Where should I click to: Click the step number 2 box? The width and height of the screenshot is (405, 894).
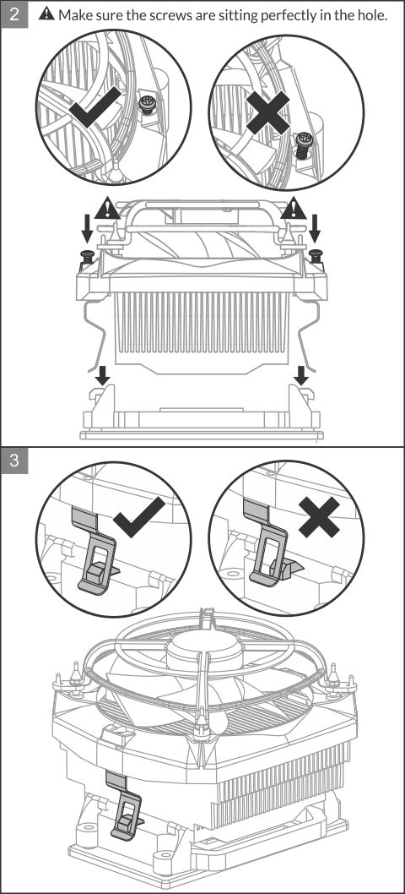point(14,14)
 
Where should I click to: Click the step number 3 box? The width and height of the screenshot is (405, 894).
point(14,461)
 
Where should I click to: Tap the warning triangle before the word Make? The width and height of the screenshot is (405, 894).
point(46,14)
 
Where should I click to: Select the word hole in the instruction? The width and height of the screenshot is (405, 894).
point(373,15)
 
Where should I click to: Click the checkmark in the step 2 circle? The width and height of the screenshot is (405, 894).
point(95,107)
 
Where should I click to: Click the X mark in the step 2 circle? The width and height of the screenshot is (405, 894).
point(267,113)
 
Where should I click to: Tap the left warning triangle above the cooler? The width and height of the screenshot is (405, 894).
point(108,208)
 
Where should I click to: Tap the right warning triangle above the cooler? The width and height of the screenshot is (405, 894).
point(294,208)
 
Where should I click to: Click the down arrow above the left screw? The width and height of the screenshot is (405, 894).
point(87,230)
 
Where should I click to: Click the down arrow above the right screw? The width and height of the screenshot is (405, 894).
point(315,230)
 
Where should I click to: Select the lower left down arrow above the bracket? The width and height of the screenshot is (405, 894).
point(103,375)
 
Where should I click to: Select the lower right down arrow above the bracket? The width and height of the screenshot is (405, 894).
point(301,375)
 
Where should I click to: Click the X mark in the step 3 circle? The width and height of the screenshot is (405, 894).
point(319,516)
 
